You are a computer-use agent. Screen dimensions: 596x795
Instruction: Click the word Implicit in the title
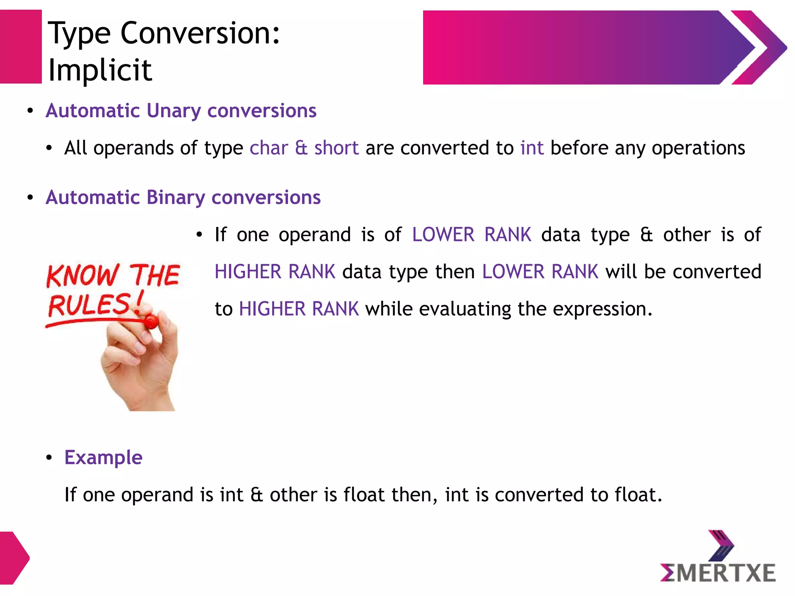click(x=100, y=71)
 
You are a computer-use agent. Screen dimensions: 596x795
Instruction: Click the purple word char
click(x=269, y=148)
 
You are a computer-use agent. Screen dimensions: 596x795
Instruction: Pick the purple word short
click(x=336, y=148)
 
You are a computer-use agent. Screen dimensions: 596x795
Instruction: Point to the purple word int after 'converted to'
click(x=532, y=148)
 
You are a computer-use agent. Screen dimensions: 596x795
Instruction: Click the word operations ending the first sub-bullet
click(x=698, y=148)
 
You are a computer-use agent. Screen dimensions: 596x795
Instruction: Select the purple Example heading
click(x=103, y=457)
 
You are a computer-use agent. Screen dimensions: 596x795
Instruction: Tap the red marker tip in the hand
click(x=151, y=321)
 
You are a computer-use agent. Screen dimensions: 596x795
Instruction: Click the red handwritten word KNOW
click(x=82, y=275)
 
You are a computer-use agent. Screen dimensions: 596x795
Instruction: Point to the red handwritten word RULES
click(x=90, y=305)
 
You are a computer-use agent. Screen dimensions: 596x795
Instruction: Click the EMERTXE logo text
click(x=718, y=573)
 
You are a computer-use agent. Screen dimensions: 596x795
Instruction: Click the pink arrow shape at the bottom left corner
click(x=14, y=558)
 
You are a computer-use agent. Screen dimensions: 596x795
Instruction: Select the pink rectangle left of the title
click(x=20, y=47)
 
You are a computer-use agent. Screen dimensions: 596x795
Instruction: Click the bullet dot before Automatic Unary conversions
click(x=30, y=111)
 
